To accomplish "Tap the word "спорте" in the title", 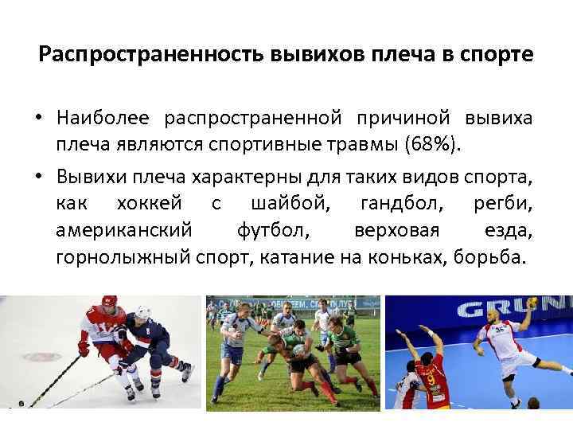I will click(496, 56).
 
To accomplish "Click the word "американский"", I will click(124, 231).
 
